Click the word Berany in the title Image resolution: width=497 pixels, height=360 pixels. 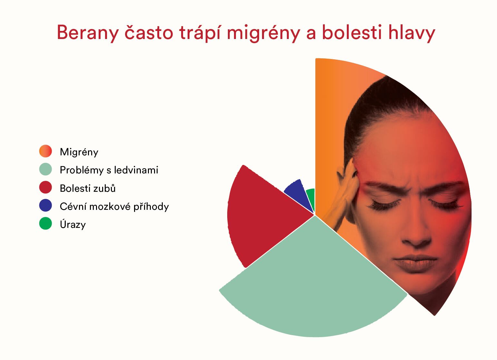(x=88, y=33)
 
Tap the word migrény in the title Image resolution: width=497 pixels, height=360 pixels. (x=263, y=33)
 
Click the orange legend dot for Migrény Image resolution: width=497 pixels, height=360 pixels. (x=45, y=151)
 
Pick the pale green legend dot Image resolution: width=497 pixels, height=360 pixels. (x=45, y=169)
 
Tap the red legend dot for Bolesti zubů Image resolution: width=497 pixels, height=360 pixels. (x=45, y=187)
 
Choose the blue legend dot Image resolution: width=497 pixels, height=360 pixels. (x=45, y=205)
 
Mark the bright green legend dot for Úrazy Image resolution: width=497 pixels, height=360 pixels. (x=45, y=223)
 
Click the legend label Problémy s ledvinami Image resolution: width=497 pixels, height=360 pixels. (x=109, y=170)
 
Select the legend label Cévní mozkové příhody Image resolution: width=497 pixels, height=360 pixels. (x=114, y=207)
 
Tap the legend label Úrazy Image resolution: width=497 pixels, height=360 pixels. (x=73, y=224)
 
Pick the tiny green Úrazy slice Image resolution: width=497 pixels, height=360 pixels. (x=311, y=198)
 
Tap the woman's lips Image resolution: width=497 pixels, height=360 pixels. (x=414, y=264)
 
